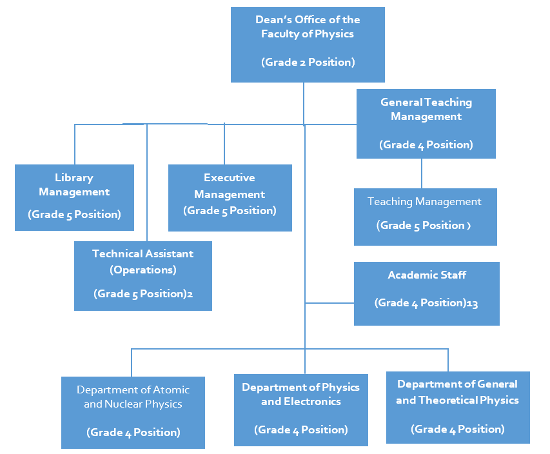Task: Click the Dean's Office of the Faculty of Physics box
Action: click(x=308, y=44)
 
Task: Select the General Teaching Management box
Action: click(x=426, y=123)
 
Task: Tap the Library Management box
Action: click(x=74, y=197)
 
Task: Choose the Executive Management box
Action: click(x=230, y=197)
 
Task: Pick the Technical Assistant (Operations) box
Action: click(x=142, y=275)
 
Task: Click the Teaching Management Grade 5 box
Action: click(x=425, y=217)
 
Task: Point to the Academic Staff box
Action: click(x=426, y=293)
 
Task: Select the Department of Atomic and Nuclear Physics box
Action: click(x=133, y=412)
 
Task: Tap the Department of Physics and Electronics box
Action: click(x=300, y=410)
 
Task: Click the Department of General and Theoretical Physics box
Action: click(x=457, y=407)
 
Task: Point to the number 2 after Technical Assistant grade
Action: click(x=190, y=294)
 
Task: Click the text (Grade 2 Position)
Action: click(x=308, y=63)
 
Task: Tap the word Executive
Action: click(x=230, y=177)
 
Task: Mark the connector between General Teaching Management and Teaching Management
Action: click(x=422, y=173)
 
